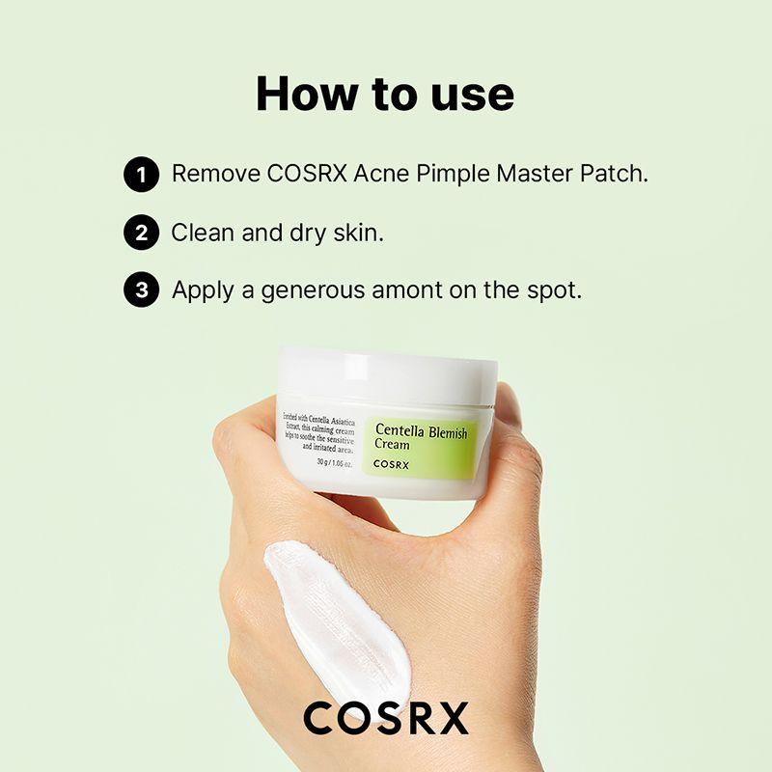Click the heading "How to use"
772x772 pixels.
[x=385, y=95]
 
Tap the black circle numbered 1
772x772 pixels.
[x=141, y=176]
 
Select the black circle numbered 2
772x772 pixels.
[x=141, y=234]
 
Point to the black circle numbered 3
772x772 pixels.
[x=141, y=291]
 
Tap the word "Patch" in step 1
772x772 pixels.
[x=615, y=175]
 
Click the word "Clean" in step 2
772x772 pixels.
[x=202, y=233]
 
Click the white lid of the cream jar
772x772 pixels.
[x=387, y=371]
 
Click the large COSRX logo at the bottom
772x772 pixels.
[x=386, y=718]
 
